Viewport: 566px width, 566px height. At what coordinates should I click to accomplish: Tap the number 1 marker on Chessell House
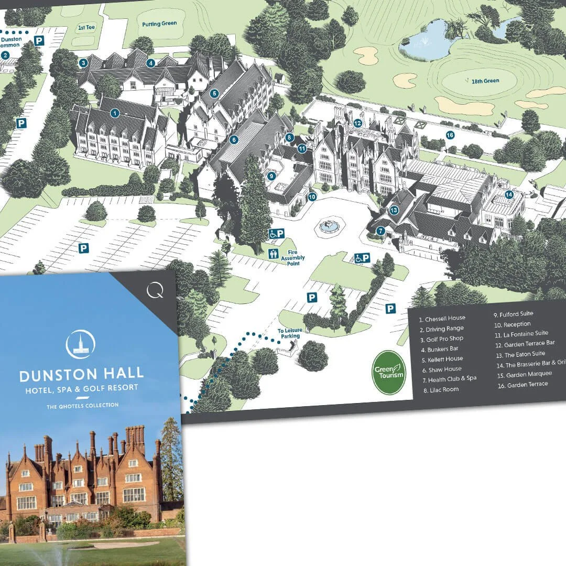[x=115, y=113]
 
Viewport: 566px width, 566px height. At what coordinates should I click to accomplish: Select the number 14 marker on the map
[x=508, y=194]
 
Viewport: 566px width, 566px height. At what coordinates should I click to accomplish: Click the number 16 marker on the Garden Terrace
[x=450, y=135]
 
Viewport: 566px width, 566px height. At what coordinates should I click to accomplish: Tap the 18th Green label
[x=484, y=81]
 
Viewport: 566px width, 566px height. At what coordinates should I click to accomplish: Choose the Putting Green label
[x=160, y=24]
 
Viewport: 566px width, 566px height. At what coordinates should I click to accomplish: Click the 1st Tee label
[x=85, y=27]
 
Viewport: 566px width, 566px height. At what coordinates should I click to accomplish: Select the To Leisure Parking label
[x=289, y=333]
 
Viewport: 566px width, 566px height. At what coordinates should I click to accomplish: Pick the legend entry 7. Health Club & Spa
[x=452, y=379]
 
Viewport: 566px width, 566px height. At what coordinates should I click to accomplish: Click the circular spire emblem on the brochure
[x=81, y=344]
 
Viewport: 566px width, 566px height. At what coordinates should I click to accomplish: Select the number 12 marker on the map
[x=357, y=123]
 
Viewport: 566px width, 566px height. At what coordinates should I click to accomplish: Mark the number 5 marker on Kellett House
[x=214, y=94]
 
